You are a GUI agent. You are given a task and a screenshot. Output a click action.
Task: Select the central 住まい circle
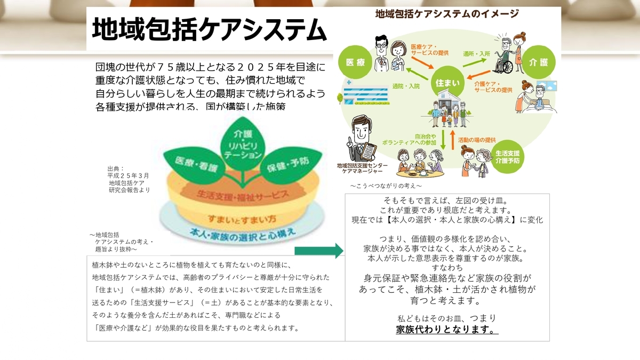446,84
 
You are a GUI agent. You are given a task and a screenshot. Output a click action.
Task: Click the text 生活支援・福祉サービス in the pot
243,194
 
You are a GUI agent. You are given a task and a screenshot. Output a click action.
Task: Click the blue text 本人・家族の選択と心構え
243,233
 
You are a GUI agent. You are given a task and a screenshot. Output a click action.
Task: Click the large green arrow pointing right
319,250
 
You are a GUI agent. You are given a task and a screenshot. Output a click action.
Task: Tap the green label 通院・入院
405,86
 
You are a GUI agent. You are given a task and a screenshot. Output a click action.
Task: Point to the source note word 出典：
115,167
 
